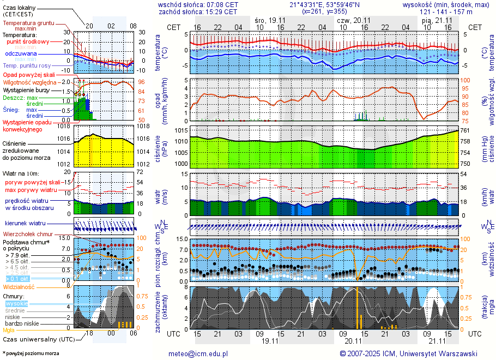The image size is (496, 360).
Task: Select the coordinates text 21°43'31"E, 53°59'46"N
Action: [324, 4]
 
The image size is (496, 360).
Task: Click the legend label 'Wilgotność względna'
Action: [29, 82]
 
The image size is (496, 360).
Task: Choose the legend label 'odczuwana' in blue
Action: [21, 54]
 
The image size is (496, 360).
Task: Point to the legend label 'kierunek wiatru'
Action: [25, 223]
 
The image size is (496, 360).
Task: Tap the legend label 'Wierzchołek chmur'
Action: [28, 234]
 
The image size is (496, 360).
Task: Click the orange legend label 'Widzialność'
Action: [19, 286]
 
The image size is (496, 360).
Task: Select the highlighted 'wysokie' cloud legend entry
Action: [16, 303]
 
